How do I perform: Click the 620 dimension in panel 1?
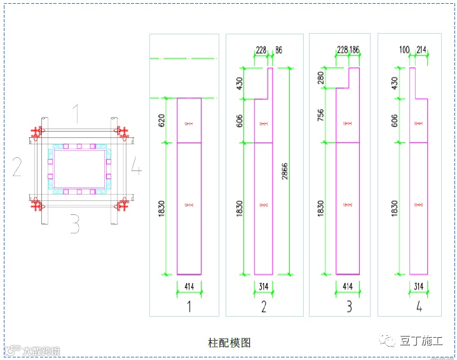click(x=162, y=121)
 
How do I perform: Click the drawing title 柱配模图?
click(x=229, y=343)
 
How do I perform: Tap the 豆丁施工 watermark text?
click(x=421, y=341)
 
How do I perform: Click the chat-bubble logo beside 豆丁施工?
click(x=388, y=341)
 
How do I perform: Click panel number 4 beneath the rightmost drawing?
click(x=419, y=307)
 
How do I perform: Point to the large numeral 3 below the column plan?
click(x=75, y=224)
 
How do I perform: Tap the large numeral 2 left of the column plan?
click(x=17, y=167)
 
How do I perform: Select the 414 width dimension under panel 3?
click(x=347, y=287)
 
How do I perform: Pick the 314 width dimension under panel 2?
click(x=264, y=287)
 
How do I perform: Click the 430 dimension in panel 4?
click(x=395, y=83)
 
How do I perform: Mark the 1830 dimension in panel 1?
click(x=162, y=209)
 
